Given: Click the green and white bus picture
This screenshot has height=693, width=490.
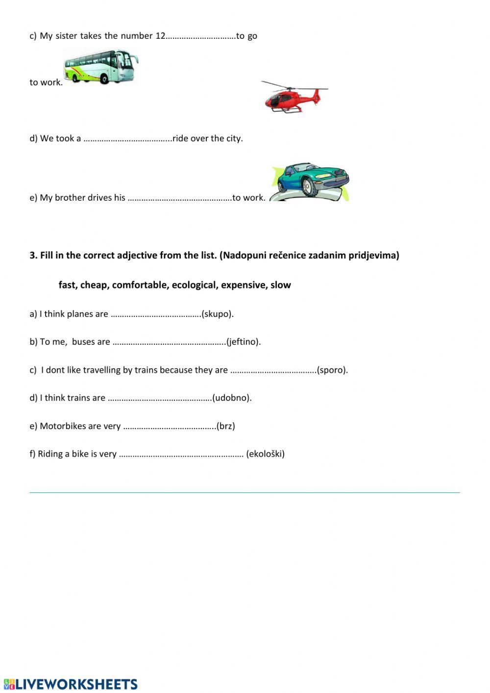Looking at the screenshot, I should tap(100, 67).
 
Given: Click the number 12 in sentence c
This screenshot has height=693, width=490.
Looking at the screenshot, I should tap(160, 36).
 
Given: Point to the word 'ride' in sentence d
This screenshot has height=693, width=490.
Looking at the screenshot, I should tap(180, 138).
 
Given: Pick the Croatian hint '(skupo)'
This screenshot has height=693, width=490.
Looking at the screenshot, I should tap(218, 314).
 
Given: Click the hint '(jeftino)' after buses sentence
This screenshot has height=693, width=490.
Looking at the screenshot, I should tap(244, 342).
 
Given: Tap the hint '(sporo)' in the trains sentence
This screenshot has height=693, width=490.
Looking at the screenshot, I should tap(333, 370).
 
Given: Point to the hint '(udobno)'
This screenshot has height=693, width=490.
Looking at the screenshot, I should tap(232, 398).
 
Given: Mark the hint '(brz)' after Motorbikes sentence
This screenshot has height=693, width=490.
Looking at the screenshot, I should tap(226, 426).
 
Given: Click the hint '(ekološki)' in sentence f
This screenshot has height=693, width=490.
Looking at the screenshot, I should tap(266, 454).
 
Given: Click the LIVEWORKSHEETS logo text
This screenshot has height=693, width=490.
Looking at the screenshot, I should tap(76, 684).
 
